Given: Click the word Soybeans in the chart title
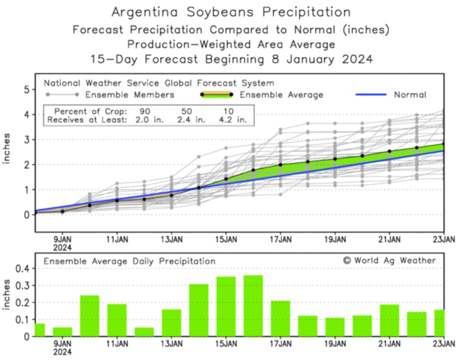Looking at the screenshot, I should (221, 12).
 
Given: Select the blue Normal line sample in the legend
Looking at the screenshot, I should (371, 95).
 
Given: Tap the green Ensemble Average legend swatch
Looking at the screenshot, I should (216, 95).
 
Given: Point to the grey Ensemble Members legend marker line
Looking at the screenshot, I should (62, 95).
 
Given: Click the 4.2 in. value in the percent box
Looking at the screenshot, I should (233, 120).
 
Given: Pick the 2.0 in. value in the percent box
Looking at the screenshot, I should (149, 120).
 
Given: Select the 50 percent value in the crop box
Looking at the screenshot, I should (187, 111).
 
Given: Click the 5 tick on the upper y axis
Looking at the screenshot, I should (26, 90).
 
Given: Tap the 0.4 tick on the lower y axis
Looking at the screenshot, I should (21, 268).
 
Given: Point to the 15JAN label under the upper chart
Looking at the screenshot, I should (226, 240).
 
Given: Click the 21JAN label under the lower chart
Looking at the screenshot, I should (389, 344).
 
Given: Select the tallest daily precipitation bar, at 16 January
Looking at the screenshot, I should (253, 305).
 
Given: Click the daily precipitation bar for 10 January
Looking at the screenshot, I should (90, 316).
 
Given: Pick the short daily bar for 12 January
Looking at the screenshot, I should (144, 332).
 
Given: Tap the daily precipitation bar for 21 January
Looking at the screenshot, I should (390, 320).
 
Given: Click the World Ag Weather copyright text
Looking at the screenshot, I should (389, 260).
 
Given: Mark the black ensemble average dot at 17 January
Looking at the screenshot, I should (280, 165).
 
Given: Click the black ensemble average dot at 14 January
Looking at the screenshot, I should (199, 188).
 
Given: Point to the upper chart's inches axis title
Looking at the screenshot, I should (7, 148).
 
